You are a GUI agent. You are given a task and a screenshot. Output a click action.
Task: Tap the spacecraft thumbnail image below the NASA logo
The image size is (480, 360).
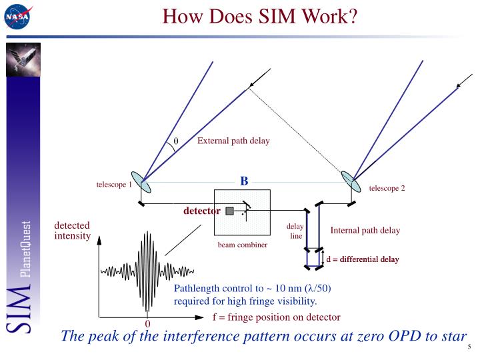(x=23, y=59)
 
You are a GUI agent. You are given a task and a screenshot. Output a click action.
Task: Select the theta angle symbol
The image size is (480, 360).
(x=177, y=141)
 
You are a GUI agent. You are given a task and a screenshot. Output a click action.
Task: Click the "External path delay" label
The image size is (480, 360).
(x=233, y=141)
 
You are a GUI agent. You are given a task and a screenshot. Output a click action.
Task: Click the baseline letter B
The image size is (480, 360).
(x=244, y=181)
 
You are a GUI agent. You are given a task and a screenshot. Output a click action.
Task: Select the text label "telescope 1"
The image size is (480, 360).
(x=115, y=184)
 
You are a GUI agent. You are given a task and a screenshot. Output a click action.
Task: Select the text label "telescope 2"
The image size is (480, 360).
(x=387, y=188)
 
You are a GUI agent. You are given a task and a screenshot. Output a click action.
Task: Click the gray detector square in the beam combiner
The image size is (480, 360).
(x=229, y=211)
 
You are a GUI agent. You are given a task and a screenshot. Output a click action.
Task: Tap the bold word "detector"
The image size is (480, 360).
(x=202, y=211)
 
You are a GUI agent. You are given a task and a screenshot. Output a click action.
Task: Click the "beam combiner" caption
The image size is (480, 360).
(x=242, y=245)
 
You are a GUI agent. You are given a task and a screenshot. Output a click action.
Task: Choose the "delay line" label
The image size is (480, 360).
(x=295, y=231)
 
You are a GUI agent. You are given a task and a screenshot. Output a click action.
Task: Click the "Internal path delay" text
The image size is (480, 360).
(x=365, y=231)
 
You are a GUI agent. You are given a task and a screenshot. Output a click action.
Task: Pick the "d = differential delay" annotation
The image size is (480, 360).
(x=362, y=259)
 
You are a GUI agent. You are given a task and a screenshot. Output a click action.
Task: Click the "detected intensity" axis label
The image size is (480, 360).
(x=72, y=231)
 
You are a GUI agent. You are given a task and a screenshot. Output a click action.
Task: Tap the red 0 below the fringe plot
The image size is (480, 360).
(x=148, y=324)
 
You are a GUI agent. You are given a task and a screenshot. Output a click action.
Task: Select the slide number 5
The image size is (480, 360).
(x=469, y=347)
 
